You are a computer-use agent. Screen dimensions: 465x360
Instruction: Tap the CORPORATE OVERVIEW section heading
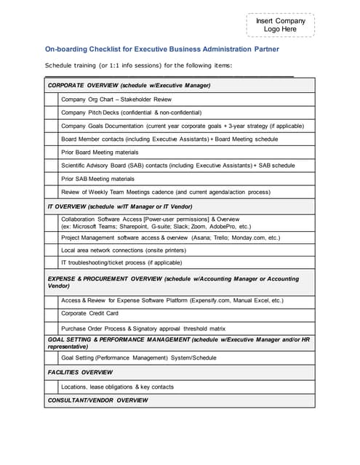pyautogui.click(x=129, y=86)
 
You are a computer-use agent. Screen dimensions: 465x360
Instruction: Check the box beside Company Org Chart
pyautogui.click(x=51, y=99)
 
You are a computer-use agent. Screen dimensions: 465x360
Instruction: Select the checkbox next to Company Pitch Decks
pyautogui.click(x=51, y=112)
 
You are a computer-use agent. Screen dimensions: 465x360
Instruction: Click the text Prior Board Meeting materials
pyautogui.click(x=100, y=152)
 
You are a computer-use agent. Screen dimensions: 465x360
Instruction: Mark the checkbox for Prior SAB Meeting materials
pyautogui.click(x=51, y=179)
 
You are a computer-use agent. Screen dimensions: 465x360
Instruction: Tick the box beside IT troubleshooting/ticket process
pyautogui.click(x=51, y=262)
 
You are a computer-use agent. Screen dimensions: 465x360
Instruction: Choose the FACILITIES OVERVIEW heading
pyautogui.click(x=80, y=372)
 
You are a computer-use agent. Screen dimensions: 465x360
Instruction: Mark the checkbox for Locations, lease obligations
pyautogui.click(x=51, y=387)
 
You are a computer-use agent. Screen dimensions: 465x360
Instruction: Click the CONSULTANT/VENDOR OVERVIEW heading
pyautogui.click(x=97, y=400)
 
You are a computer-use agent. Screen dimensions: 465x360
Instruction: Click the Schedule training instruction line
pyautogui.click(x=138, y=66)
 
